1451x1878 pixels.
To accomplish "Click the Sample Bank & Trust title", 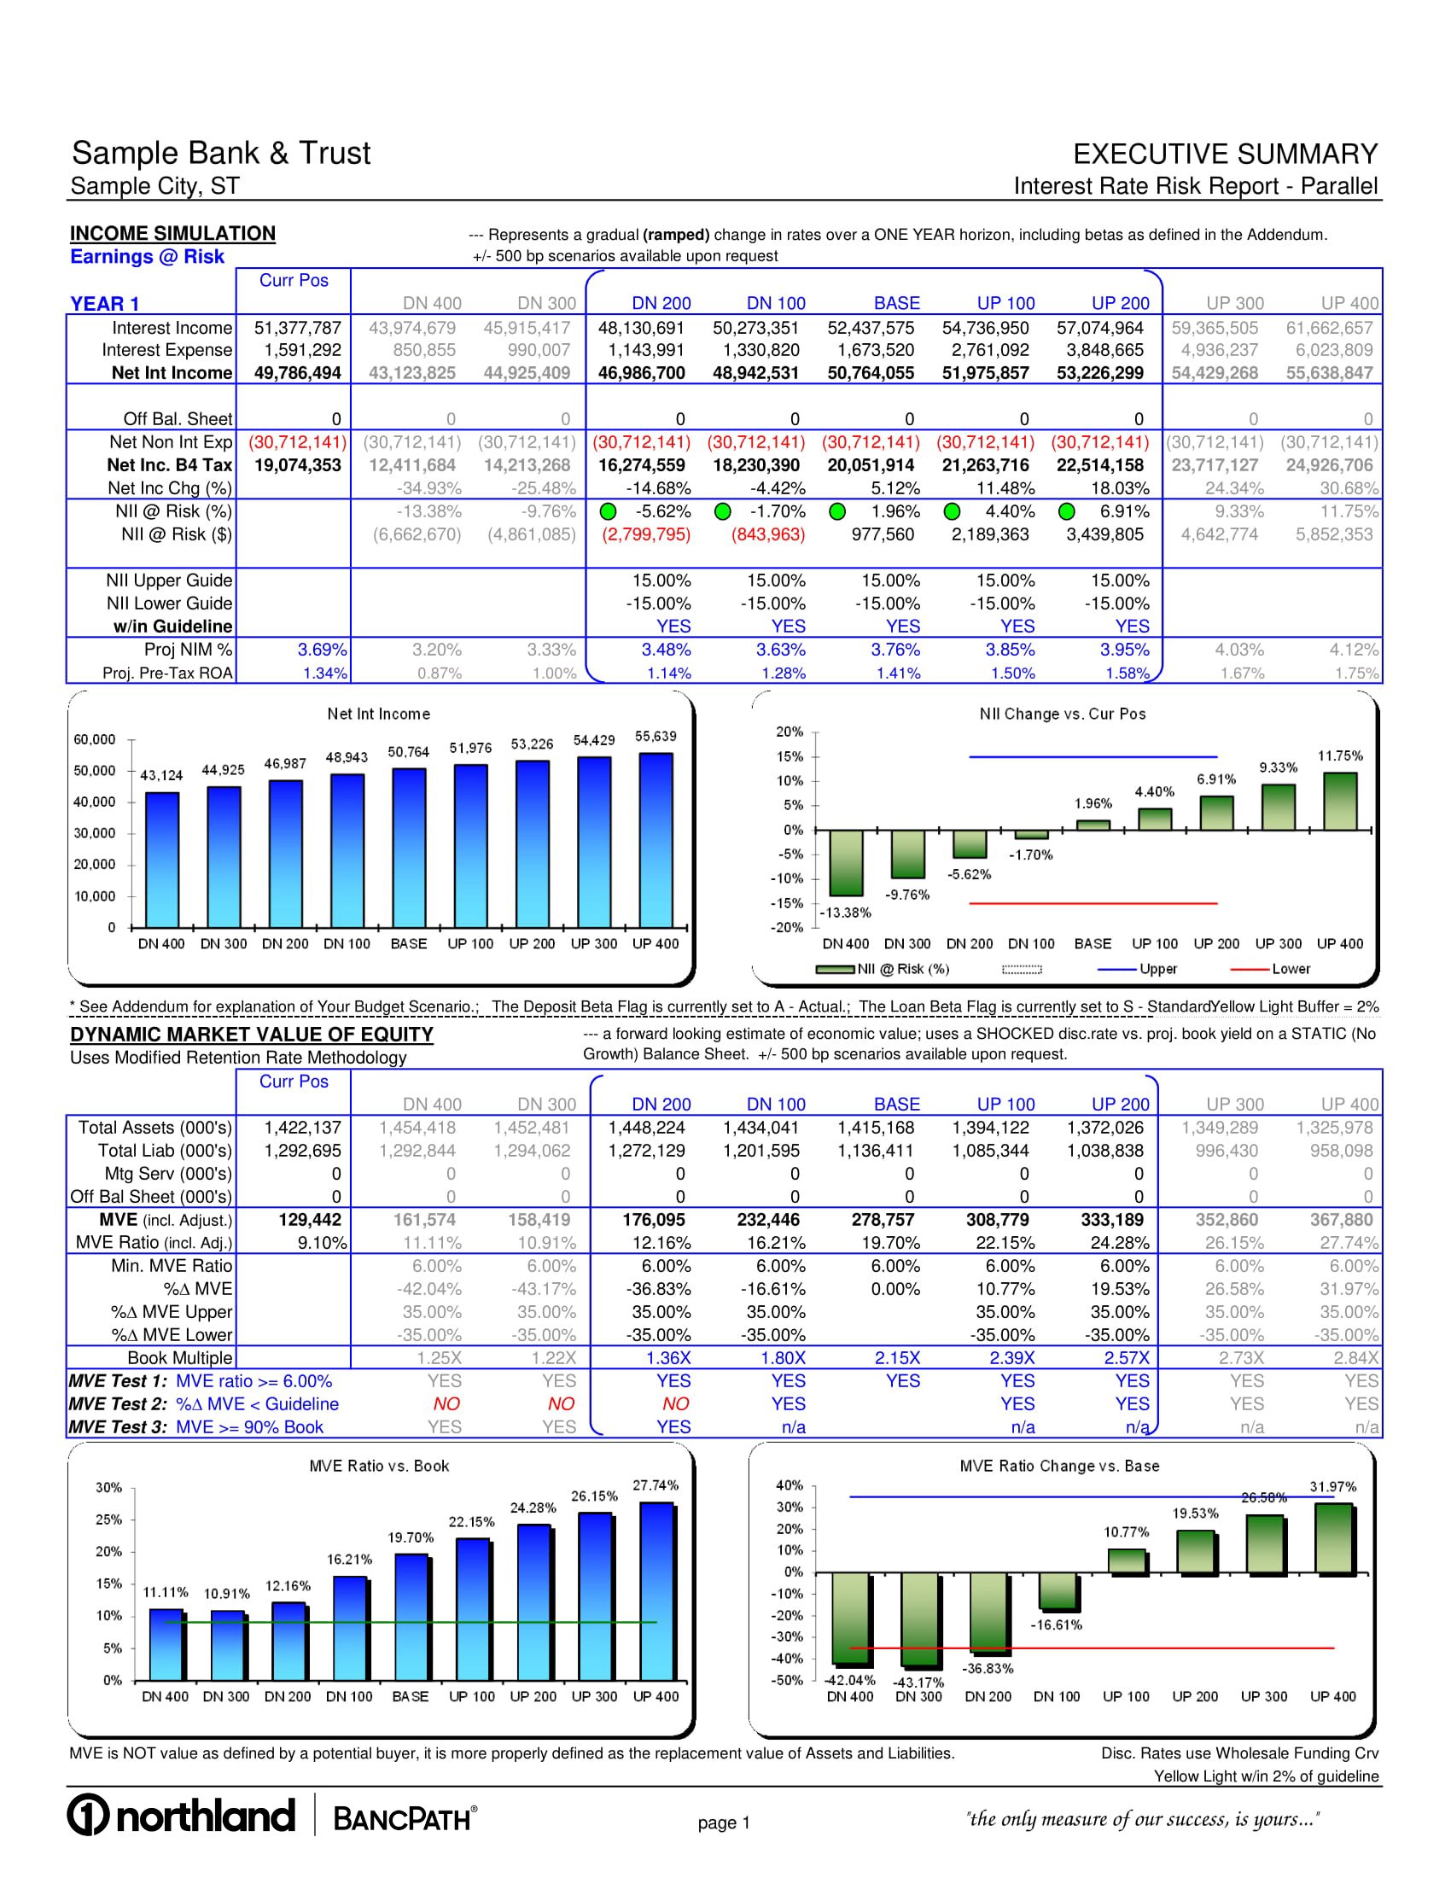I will [x=221, y=153].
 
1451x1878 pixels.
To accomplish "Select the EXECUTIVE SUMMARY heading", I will [x=1225, y=154].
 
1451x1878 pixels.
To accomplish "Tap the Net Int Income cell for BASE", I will [x=871, y=373].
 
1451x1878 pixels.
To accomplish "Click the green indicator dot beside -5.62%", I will [x=608, y=511].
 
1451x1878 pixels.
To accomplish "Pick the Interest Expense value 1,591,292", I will [x=297, y=350].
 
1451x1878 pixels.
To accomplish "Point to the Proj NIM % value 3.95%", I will [x=1124, y=650].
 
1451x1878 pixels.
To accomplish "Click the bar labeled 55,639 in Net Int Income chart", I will [x=656, y=838].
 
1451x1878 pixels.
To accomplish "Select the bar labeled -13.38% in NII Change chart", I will [x=846, y=862].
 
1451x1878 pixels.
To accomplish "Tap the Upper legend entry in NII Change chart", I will [x=1157, y=969].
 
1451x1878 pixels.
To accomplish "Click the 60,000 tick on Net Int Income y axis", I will [x=95, y=739].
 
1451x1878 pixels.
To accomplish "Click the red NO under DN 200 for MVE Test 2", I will [x=675, y=1404].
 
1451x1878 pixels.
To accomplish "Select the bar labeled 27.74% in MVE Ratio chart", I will [x=656, y=1591].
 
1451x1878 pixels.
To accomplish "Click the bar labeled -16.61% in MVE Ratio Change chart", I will [x=1058, y=1591].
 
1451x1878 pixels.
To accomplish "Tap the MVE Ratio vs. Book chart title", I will [x=379, y=1466].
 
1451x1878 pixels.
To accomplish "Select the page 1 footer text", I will [x=724, y=1823].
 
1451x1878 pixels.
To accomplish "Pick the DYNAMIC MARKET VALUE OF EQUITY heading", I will [x=252, y=1035].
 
